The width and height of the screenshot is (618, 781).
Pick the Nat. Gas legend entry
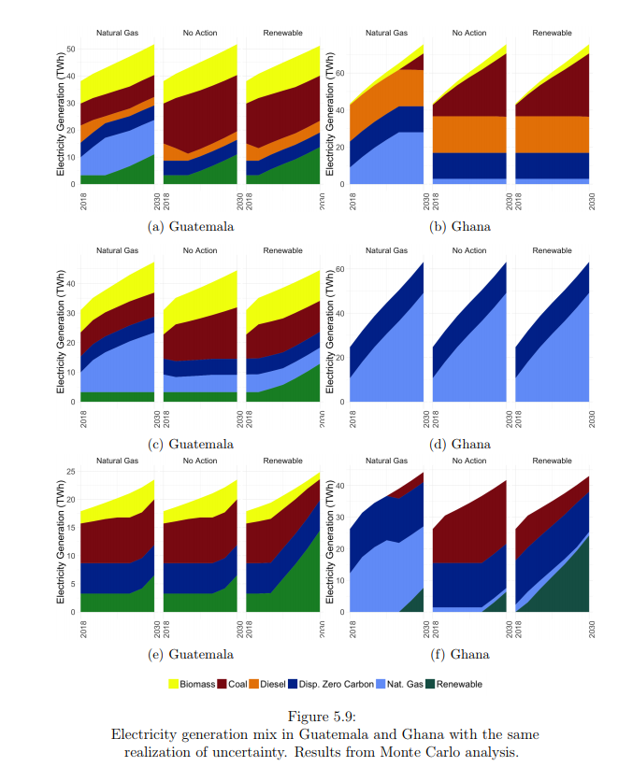click(x=396, y=684)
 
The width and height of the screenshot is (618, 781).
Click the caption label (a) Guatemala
click(x=191, y=226)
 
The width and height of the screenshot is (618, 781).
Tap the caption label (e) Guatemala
click(x=191, y=654)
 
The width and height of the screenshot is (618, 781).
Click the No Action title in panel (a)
click(x=200, y=33)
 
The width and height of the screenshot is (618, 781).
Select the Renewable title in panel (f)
click(x=552, y=461)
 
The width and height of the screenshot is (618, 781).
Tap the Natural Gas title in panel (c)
click(x=118, y=250)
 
